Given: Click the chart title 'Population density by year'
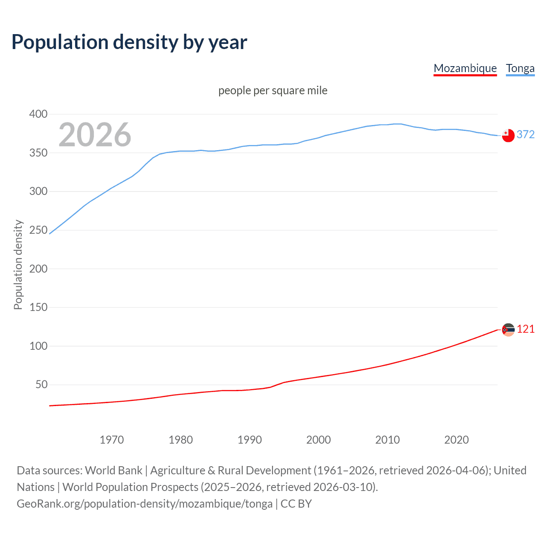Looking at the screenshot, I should click(129, 42).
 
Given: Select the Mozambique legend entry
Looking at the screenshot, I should click(465, 68).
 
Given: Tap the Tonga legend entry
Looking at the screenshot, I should click(520, 68).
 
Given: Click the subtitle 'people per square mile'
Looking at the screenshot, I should click(273, 90).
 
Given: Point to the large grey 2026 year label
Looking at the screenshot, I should click(95, 135).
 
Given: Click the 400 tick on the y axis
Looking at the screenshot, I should click(38, 114).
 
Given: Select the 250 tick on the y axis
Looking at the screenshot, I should click(38, 230).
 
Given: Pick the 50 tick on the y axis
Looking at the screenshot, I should click(41, 384).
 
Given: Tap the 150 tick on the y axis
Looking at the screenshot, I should click(38, 307).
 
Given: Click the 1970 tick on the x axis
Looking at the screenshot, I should click(112, 440).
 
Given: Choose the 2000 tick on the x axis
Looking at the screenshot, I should click(318, 440).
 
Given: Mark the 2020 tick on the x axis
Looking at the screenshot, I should click(456, 440).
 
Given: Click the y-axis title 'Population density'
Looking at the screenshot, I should click(18, 264).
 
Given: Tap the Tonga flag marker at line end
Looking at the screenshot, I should click(508, 135).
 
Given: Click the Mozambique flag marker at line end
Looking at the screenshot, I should click(508, 329).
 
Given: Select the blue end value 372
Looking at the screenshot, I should click(526, 134).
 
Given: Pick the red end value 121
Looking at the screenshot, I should click(526, 329).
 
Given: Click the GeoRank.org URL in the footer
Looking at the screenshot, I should click(145, 503).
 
